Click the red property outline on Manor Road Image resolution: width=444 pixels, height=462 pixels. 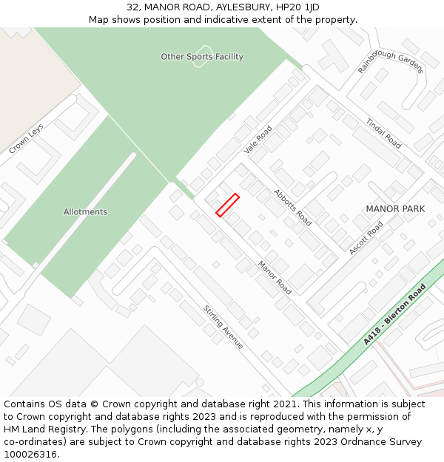point(227,205)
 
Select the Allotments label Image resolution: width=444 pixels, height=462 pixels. point(85,212)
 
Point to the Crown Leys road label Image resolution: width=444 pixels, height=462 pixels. point(27,139)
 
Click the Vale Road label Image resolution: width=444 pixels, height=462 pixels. point(258,139)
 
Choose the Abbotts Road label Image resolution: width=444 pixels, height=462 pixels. point(292,207)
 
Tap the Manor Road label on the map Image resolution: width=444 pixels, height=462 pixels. point(274,277)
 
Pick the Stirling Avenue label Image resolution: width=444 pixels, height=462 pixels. point(223,327)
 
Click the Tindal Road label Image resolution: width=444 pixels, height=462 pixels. point(383,133)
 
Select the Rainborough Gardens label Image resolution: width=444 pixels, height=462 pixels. point(391,57)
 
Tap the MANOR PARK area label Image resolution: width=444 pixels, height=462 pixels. point(395,209)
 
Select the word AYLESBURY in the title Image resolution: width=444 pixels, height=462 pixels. point(225,7)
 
